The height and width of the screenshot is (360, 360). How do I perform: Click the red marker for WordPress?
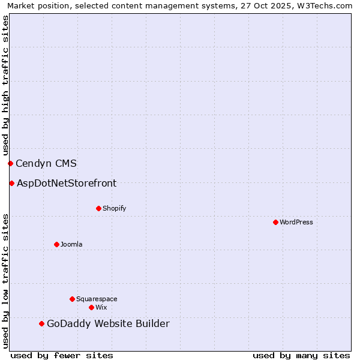click(x=275, y=222)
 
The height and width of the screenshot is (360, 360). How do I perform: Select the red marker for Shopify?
click(x=98, y=208)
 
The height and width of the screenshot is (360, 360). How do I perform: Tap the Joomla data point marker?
click(x=56, y=244)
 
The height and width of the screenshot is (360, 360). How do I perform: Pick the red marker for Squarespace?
click(x=72, y=299)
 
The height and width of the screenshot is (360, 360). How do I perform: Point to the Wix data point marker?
click(x=91, y=307)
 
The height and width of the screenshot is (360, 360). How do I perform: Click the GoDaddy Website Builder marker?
click(x=41, y=324)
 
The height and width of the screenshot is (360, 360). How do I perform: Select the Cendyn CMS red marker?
click(x=10, y=163)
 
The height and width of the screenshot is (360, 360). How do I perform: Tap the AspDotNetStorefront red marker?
click(x=11, y=183)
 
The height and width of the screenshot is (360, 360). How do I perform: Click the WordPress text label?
click(x=296, y=222)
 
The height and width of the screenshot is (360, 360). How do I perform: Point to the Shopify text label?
click(x=114, y=208)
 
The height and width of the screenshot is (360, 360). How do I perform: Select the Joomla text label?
click(x=71, y=244)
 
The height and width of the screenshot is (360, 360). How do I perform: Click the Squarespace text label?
click(x=97, y=299)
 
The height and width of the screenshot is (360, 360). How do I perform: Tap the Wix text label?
click(x=101, y=307)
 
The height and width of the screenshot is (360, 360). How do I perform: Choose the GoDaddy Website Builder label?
click(x=108, y=324)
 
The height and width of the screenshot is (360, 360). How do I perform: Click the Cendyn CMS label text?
click(x=46, y=163)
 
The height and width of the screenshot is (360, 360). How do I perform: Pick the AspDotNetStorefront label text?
click(x=67, y=183)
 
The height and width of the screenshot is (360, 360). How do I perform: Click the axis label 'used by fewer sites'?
click(x=62, y=355)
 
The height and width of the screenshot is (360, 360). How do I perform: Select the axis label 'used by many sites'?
click(x=301, y=355)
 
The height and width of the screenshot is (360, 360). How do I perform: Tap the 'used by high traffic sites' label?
click(x=5, y=85)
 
